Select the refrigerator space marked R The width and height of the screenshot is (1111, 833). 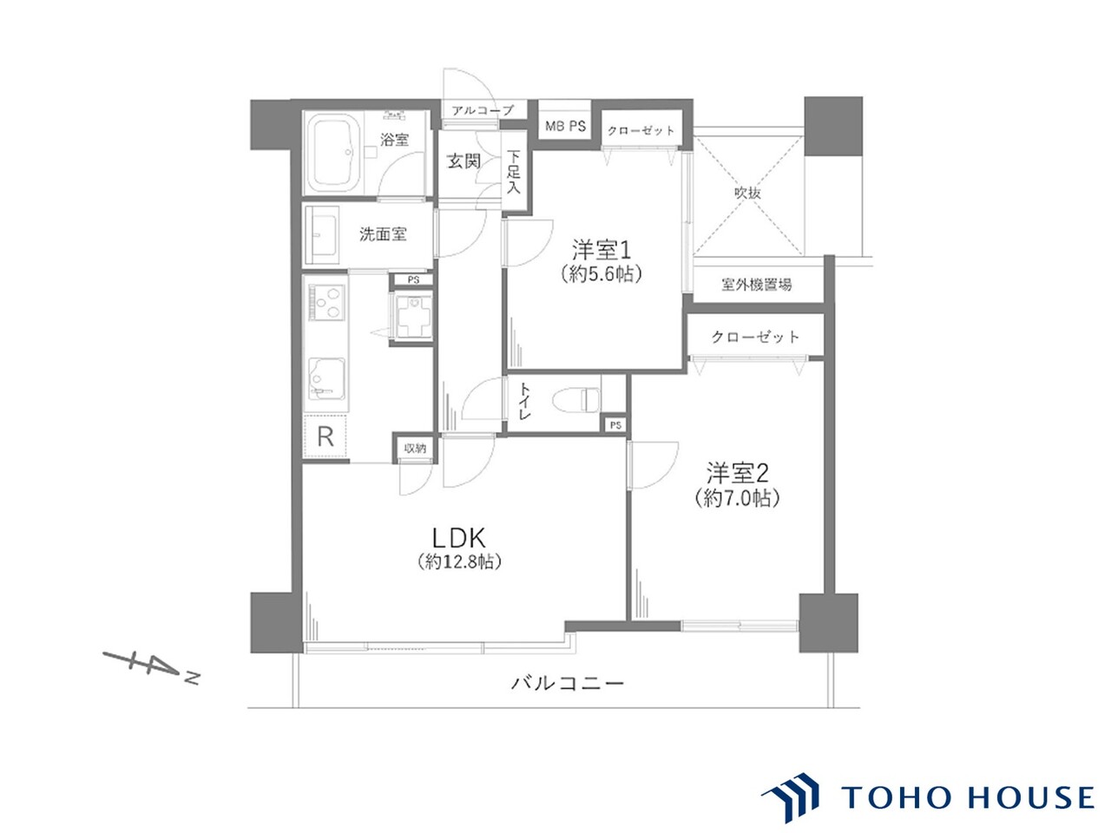(x=324, y=436)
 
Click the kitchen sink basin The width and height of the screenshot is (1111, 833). (x=326, y=377)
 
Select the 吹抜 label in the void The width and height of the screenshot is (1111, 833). (x=746, y=193)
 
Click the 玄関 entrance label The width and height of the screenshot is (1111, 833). (x=463, y=161)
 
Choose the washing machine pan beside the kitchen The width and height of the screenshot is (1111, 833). (x=411, y=318)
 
